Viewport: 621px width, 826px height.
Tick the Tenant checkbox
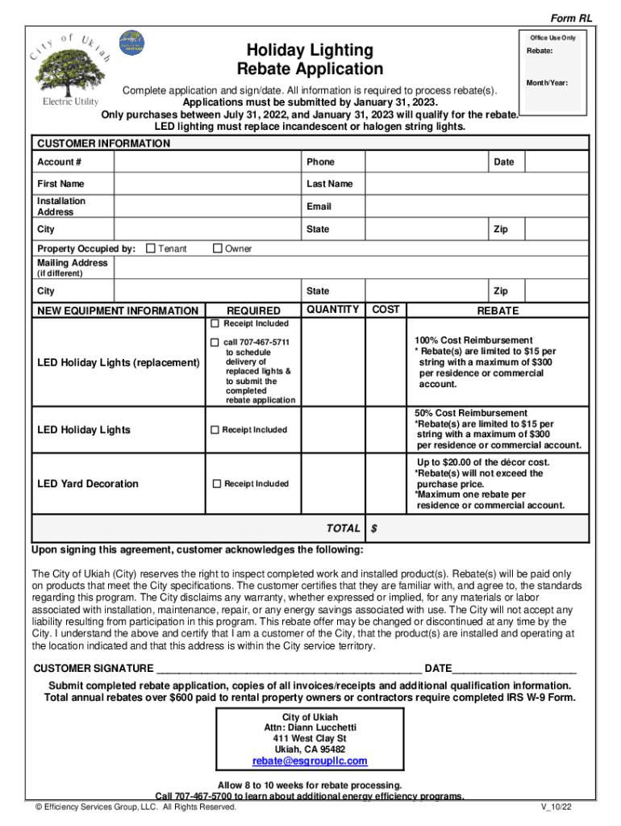coord(150,249)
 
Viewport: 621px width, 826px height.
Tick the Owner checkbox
coord(217,249)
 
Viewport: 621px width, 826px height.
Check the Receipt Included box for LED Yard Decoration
coord(216,484)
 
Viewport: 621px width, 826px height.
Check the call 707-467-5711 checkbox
coord(215,343)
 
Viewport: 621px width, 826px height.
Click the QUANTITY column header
coord(333,310)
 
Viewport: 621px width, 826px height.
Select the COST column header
coord(386,310)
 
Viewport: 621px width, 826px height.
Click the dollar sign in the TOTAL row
coord(374,528)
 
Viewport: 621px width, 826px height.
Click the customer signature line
coord(288,670)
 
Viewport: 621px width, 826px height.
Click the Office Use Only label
coord(552,38)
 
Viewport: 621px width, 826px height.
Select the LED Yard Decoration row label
coord(88,484)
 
